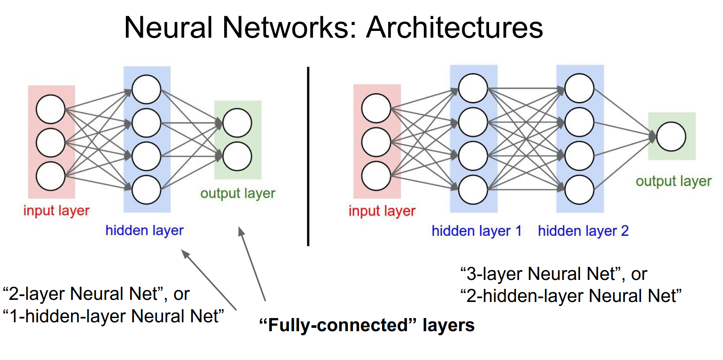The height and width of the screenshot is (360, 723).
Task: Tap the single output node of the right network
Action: coord(671,136)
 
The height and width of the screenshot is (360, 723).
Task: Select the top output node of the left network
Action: coord(237,123)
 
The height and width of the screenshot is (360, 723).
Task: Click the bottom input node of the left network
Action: coord(51,176)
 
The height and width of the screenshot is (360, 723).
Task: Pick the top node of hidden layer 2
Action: coord(579,88)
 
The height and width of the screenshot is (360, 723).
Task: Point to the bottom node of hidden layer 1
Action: coord(473,190)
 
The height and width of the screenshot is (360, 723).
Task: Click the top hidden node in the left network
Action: coord(146,89)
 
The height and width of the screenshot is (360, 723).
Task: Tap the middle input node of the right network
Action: coord(376,142)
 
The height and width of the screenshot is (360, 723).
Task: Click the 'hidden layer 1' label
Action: coord(476,231)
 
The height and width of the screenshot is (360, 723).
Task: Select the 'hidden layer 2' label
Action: coord(583,231)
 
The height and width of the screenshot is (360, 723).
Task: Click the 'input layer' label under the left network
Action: coord(56,210)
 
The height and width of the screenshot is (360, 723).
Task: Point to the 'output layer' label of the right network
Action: coord(673,181)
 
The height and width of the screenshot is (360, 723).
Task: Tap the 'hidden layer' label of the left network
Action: coord(145,230)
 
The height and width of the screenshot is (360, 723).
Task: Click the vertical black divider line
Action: coord(308,157)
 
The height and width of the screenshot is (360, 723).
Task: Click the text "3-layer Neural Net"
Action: coord(540,274)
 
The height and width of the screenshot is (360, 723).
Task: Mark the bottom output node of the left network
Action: coord(237,156)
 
